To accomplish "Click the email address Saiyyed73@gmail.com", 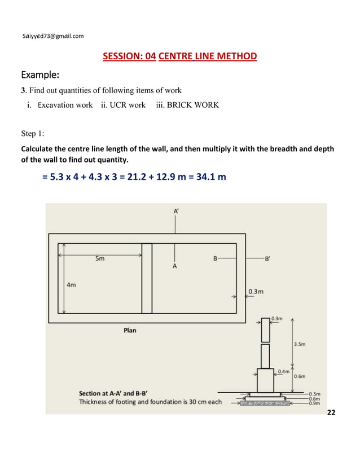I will click(x=52, y=36).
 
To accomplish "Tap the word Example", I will click(x=40, y=75).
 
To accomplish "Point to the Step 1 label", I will click(x=36, y=134).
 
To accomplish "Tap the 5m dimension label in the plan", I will click(x=99, y=259).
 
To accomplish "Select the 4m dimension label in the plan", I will click(x=71, y=285).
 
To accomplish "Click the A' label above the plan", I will click(x=176, y=211).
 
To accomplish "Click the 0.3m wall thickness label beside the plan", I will click(x=256, y=292).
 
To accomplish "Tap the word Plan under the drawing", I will click(x=130, y=331).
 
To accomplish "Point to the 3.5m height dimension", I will click(x=299, y=344).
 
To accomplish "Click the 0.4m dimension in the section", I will click(x=283, y=371).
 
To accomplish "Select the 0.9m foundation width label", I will click(x=314, y=403).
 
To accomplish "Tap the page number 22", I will click(x=331, y=414).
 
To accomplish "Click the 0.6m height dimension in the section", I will click(x=300, y=376).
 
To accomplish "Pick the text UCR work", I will click(x=123, y=105).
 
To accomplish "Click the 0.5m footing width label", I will click(x=314, y=394).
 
